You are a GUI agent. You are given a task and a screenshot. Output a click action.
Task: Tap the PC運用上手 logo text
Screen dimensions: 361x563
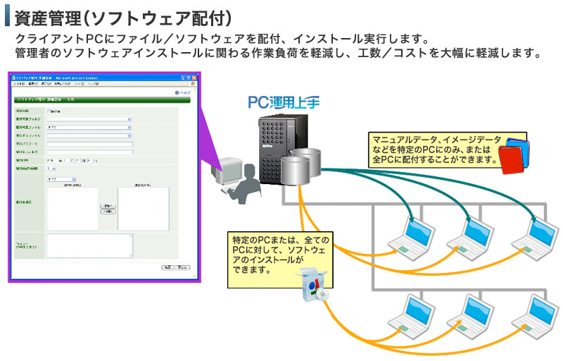284,102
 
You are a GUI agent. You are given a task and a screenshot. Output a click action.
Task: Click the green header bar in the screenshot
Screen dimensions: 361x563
103,100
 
